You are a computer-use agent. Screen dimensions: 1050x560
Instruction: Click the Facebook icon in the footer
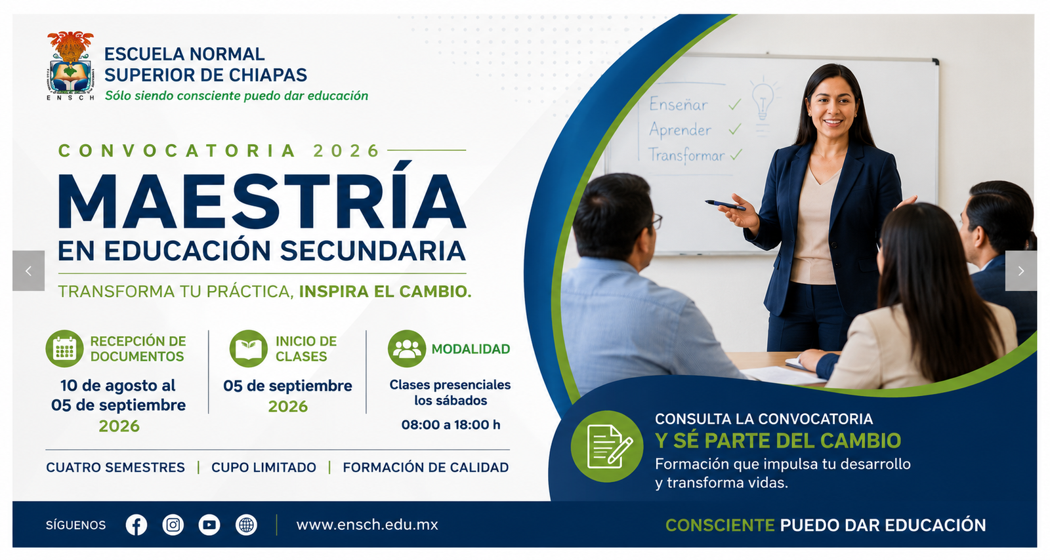coord(136,525)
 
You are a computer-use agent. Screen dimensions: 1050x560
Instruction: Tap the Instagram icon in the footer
coord(173,525)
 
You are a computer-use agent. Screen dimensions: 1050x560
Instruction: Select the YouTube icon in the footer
coord(209,525)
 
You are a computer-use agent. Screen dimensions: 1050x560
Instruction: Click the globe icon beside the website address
coord(246,525)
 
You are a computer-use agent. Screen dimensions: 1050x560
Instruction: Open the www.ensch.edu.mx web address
coord(367,525)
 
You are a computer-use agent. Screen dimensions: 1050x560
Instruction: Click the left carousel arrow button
coord(29,271)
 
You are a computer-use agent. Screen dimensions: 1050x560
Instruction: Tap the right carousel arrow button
coord(1021,271)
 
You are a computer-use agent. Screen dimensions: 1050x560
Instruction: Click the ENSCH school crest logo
coord(70,66)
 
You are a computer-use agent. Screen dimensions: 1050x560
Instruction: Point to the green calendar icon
coord(64,348)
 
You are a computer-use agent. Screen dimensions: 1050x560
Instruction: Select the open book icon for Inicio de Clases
coord(248,348)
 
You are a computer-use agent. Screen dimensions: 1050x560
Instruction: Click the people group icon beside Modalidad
coord(406,348)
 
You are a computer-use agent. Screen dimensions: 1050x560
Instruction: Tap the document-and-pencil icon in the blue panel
coord(607,446)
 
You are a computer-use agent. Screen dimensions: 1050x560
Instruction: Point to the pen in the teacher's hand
coord(725,205)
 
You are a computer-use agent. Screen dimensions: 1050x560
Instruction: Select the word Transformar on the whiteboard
coord(686,155)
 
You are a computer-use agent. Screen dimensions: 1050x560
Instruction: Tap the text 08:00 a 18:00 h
coord(451,425)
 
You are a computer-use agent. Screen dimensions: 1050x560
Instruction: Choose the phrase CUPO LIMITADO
coord(264,468)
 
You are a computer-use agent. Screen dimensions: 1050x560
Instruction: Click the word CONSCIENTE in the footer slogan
coord(719,525)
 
